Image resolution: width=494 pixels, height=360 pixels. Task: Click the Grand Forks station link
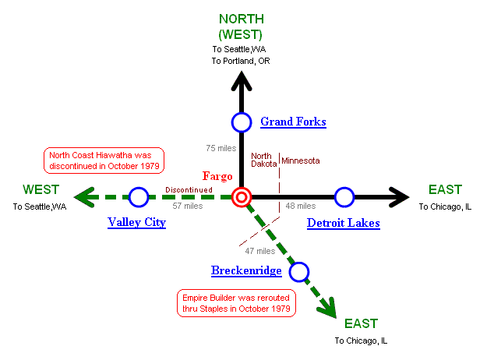[293, 122]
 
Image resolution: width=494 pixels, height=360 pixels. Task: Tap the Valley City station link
[136, 223]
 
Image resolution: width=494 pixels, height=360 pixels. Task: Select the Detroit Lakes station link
[343, 223]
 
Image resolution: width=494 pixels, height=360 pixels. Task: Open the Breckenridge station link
[246, 270]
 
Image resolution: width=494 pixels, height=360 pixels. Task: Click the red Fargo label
[217, 176]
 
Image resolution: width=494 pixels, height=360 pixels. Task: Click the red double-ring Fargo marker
[242, 197]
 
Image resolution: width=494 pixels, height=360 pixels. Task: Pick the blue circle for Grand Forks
[242, 122]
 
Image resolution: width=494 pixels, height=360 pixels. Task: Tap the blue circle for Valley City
[139, 197]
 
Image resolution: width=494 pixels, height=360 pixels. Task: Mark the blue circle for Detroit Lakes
[344, 197]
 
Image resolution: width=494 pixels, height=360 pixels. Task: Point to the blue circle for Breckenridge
[298, 271]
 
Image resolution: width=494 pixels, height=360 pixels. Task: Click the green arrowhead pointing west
[84, 197]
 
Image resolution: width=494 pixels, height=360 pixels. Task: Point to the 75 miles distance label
[221, 148]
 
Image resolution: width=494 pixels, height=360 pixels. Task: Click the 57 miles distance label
[187, 206]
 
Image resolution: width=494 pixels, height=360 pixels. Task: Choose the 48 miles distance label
[300, 206]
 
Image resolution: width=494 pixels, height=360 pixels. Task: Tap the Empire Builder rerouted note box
[236, 303]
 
